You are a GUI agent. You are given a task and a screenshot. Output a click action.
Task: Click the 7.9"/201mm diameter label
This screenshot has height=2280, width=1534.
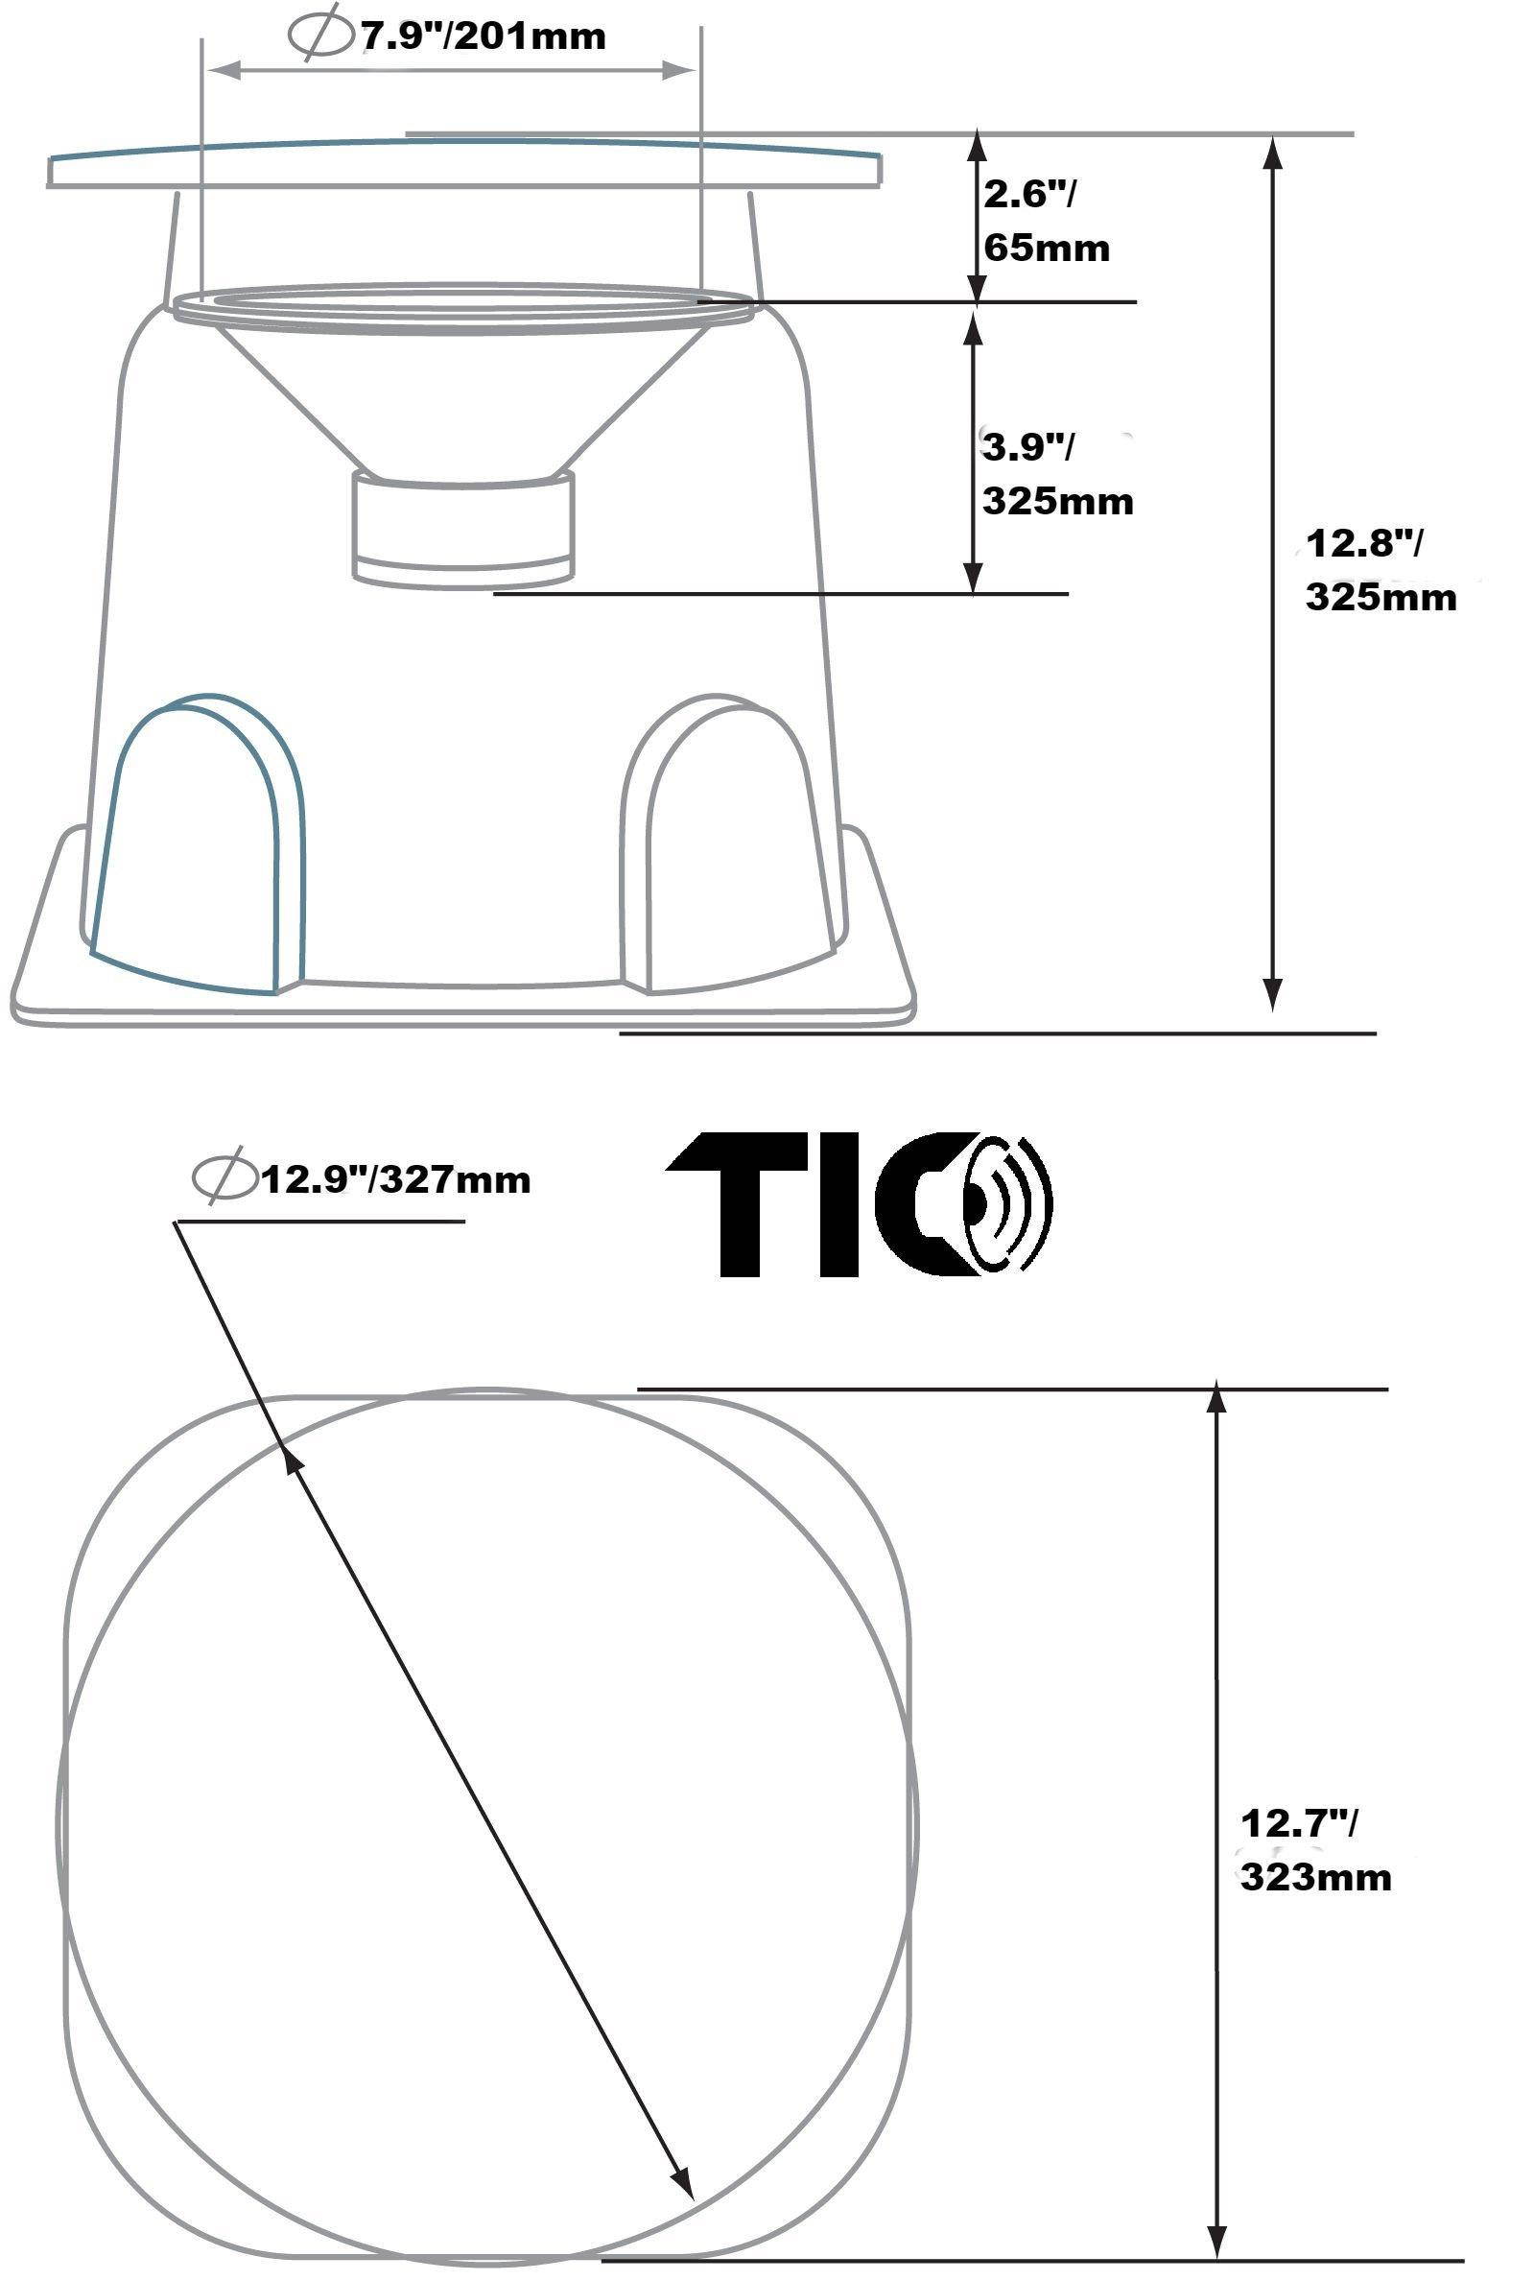(x=484, y=37)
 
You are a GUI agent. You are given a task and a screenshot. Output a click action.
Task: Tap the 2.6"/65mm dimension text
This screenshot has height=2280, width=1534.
(x=1045, y=221)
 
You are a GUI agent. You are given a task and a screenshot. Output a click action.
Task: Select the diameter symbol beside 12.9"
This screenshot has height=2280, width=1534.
(x=224, y=1179)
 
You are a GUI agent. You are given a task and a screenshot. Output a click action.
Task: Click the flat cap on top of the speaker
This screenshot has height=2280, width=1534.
(x=464, y=162)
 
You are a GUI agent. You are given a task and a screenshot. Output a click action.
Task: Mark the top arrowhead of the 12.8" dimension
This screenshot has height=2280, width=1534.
(x=1272, y=153)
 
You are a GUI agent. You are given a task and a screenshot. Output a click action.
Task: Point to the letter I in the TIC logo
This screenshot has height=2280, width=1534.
(x=839, y=1205)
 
